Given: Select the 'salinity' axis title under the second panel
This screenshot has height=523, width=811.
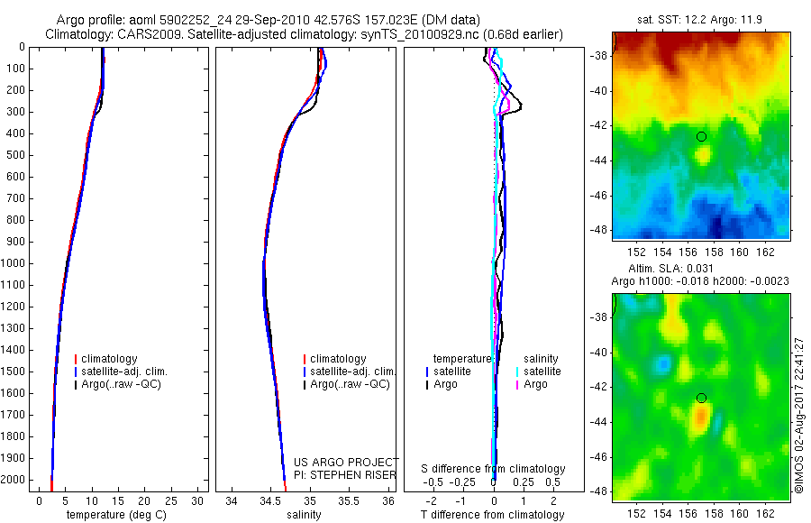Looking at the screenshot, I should [x=302, y=515].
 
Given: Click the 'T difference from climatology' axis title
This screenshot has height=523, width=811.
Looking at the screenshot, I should [x=492, y=515].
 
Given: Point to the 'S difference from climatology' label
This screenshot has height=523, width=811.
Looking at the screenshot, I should [x=494, y=469].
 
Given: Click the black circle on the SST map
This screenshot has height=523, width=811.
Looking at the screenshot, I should [x=701, y=136].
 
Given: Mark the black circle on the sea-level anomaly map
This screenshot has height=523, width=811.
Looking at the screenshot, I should [x=701, y=398].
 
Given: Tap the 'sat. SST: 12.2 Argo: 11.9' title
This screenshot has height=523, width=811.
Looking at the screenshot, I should [x=700, y=19].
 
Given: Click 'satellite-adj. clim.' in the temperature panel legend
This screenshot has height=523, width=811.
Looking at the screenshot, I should [x=124, y=372].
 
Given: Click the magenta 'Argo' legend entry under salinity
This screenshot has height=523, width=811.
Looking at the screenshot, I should [x=535, y=384].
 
